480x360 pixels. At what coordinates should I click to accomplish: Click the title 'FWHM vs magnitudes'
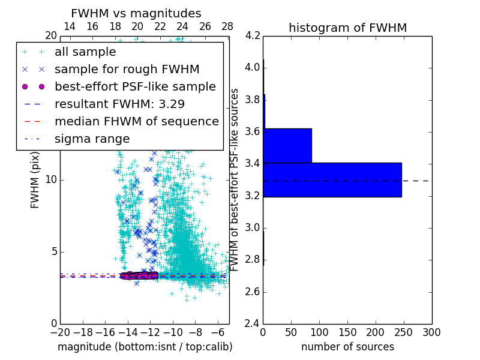(x=136, y=13)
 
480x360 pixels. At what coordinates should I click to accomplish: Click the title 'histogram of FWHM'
(x=347, y=28)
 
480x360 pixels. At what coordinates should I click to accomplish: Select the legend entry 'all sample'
(x=85, y=52)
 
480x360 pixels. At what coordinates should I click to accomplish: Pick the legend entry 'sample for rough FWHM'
(x=127, y=70)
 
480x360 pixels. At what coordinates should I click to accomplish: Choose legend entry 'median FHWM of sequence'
(x=136, y=122)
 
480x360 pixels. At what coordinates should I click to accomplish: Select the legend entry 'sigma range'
(x=92, y=139)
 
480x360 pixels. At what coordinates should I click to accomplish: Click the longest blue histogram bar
(x=332, y=179)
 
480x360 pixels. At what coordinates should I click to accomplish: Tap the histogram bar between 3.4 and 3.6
(x=287, y=146)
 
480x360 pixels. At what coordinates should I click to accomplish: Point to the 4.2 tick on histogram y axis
(x=252, y=35)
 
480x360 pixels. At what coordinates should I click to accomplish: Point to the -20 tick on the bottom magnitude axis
(x=60, y=332)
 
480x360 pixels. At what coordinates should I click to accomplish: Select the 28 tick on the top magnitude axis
(x=227, y=27)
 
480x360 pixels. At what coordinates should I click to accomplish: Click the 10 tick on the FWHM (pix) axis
(x=51, y=180)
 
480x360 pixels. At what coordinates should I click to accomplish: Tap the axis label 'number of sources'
(x=347, y=347)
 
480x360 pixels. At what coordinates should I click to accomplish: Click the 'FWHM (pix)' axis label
(x=35, y=179)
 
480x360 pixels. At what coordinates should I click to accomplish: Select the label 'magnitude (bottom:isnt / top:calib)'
(x=145, y=347)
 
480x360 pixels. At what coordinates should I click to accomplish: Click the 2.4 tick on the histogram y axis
(x=252, y=324)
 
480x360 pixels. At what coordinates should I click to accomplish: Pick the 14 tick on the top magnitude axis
(x=70, y=27)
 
